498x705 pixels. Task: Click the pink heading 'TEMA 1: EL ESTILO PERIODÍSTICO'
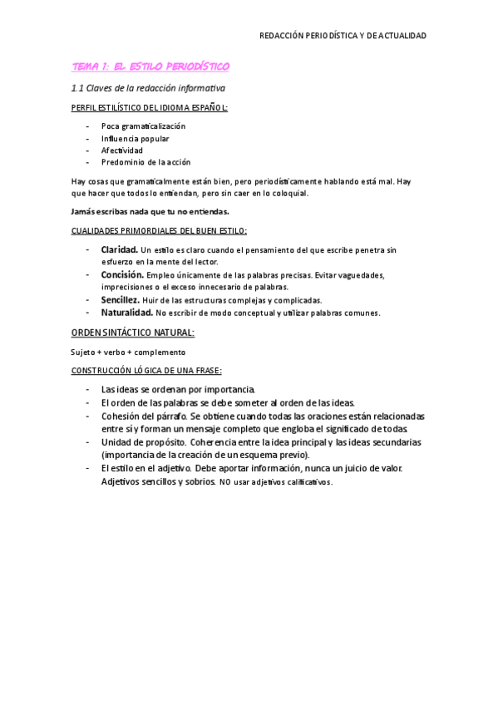(x=150, y=66)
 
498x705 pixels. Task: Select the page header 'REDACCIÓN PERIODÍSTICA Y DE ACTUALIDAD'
(x=343, y=36)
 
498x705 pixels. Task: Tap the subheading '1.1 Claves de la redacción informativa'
(x=148, y=87)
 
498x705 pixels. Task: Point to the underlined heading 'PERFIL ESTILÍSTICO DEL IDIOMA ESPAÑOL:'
(x=149, y=108)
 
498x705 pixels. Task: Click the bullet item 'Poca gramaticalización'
(x=143, y=126)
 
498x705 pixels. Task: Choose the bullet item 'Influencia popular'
(x=135, y=139)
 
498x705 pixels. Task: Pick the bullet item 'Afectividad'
(x=122, y=150)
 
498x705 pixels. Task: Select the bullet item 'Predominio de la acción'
(x=145, y=162)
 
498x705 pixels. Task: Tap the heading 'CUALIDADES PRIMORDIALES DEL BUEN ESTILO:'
(x=158, y=230)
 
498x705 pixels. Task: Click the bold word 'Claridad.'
(x=120, y=249)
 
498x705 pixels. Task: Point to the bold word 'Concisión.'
(x=122, y=274)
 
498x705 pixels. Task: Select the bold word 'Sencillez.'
(x=121, y=299)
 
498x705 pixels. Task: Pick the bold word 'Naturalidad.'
(x=126, y=313)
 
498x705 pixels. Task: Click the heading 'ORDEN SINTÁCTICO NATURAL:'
(x=133, y=333)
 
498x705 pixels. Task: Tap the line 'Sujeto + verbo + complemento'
(x=128, y=352)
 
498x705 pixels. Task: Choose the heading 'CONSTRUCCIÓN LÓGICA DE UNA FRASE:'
(x=145, y=370)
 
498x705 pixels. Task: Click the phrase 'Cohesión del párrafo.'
(x=144, y=416)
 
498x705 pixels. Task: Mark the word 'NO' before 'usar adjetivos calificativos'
(x=224, y=482)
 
